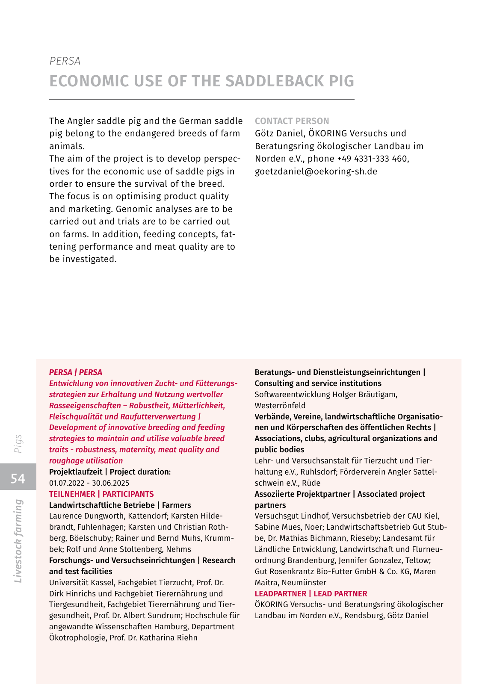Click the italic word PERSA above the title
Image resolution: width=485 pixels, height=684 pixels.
65,61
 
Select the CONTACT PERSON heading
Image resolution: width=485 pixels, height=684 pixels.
292,121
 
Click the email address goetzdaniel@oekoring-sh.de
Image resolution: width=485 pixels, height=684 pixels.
316,171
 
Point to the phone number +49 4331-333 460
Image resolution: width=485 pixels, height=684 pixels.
372,159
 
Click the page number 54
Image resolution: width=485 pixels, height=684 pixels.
18,478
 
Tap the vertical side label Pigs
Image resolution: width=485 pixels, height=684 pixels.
18,444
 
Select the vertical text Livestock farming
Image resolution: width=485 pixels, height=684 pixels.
18,541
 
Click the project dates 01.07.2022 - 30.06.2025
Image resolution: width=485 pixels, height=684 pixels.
89,483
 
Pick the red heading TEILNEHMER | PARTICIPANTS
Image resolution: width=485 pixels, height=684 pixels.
101,494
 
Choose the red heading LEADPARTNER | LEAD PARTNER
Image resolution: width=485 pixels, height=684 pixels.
311,594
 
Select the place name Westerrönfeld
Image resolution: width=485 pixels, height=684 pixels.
280,406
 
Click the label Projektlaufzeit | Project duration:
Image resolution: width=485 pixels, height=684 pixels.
110,472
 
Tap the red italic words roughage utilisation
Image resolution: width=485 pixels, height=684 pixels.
86,461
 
